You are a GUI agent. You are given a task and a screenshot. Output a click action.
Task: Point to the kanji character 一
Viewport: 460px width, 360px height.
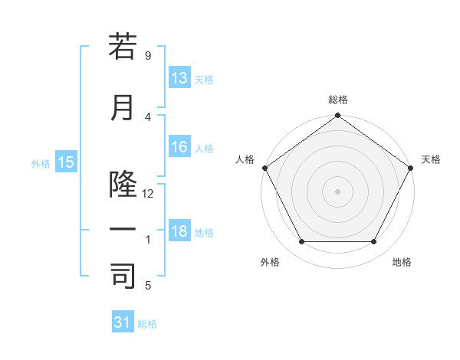(123, 230)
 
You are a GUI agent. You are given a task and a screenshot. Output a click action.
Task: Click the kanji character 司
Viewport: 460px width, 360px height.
(123, 277)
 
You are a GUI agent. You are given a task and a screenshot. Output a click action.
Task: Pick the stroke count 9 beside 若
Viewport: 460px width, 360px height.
(147, 55)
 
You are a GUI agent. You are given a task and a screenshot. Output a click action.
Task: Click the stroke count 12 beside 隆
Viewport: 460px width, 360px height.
(148, 194)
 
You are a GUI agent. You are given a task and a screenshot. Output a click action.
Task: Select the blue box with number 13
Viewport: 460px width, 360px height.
(179, 78)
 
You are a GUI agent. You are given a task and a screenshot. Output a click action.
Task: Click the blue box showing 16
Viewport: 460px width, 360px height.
(179, 147)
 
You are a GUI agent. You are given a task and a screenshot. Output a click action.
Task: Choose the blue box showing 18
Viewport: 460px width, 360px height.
(179, 231)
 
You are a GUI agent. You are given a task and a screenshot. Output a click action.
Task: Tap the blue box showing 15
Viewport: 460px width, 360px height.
(65, 162)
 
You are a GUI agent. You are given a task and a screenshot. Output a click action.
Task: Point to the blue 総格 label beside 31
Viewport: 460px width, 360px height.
(147, 324)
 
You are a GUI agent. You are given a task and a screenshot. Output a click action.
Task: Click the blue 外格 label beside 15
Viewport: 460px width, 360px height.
(41, 163)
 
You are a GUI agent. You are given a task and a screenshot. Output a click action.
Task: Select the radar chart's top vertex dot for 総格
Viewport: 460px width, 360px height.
(337, 116)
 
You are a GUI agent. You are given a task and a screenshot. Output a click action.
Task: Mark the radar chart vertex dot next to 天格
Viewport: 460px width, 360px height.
(411, 168)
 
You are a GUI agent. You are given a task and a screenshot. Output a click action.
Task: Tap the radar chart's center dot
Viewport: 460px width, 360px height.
(337, 191)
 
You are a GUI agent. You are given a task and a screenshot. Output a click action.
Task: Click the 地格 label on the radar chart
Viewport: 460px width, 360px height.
(402, 262)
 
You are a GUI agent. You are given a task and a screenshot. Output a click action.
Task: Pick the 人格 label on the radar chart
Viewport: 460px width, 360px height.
(245, 159)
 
